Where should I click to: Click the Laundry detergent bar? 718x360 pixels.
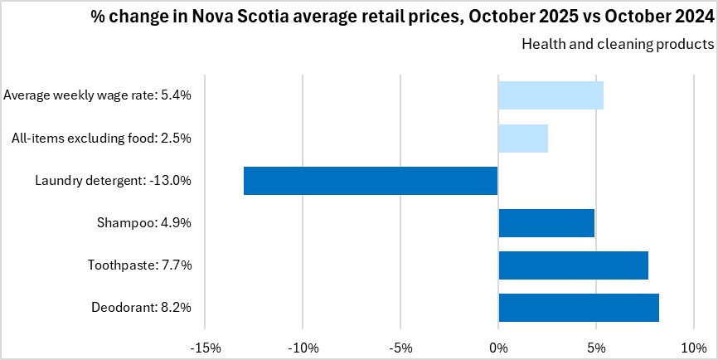point(371,181)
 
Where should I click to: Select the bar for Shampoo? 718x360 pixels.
point(546,223)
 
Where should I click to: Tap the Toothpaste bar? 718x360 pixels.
point(573,265)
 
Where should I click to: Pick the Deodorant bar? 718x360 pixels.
point(579,308)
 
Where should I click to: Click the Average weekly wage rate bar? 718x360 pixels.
point(551,95)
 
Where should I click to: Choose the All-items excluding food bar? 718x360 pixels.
point(522,138)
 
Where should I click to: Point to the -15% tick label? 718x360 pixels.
point(206,347)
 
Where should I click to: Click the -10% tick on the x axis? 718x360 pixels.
point(303,347)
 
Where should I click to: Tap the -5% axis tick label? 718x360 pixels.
point(400,347)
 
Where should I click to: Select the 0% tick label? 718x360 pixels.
point(498,347)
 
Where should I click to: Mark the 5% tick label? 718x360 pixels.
point(595,347)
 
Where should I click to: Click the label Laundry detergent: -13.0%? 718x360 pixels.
point(114,181)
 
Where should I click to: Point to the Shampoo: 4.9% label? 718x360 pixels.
point(145,223)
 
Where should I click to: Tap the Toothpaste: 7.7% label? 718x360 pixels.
point(139,265)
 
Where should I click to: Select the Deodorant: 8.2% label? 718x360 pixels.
point(142,308)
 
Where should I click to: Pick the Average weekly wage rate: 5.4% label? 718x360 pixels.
point(98,95)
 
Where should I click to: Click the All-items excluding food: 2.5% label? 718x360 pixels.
point(102,138)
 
